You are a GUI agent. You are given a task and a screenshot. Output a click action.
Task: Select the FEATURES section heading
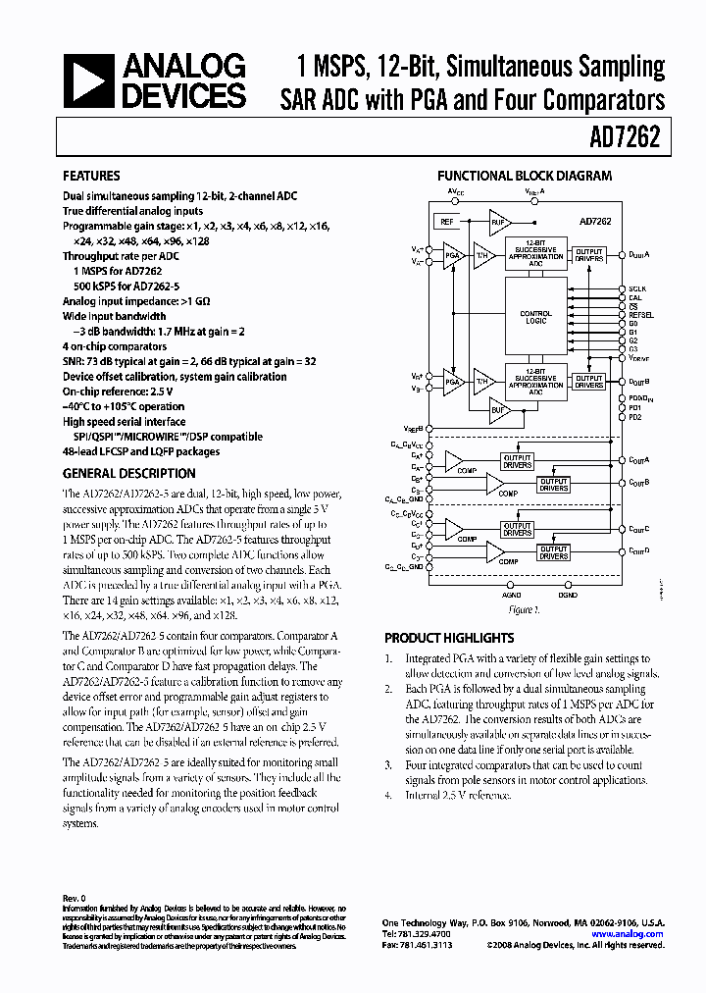pyautogui.click(x=91, y=177)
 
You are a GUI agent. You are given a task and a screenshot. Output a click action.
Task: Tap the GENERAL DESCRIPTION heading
pyautogui.click(x=128, y=473)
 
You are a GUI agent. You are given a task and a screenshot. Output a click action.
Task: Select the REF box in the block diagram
pyautogui.click(x=446, y=222)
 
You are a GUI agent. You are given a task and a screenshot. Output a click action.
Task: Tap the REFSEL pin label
pyautogui.click(x=641, y=314)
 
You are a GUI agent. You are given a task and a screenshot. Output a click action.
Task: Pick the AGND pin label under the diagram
pyautogui.click(x=512, y=595)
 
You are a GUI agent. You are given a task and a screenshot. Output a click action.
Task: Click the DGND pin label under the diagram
pyautogui.click(x=567, y=595)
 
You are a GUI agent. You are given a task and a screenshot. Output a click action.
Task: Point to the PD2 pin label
pyautogui.click(x=634, y=417)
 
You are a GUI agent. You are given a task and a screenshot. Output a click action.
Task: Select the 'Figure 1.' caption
pyautogui.click(x=526, y=609)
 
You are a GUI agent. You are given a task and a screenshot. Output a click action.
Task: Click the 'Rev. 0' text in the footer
pyautogui.click(x=76, y=898)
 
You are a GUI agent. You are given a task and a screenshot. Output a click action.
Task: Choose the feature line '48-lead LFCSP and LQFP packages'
pyautogui.click(x=141, y=451)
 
